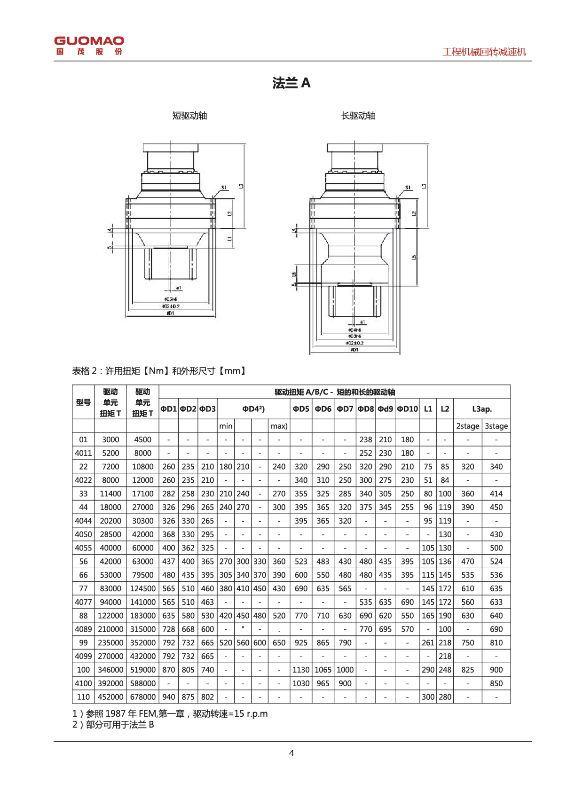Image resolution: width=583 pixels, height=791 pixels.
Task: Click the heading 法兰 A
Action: [x=291, y=83]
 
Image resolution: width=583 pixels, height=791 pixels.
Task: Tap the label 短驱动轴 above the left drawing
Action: [x=190, y=116]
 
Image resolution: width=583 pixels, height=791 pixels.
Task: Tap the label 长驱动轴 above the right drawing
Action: [x=358, y=116]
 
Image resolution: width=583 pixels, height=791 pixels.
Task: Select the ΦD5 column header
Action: [x=301, y=409]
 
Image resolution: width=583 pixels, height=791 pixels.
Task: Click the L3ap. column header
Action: [x=482, y=409]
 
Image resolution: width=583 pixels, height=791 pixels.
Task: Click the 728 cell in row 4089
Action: [x=168, y=629]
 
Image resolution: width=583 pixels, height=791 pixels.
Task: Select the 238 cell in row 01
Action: [x=366, y=440]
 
